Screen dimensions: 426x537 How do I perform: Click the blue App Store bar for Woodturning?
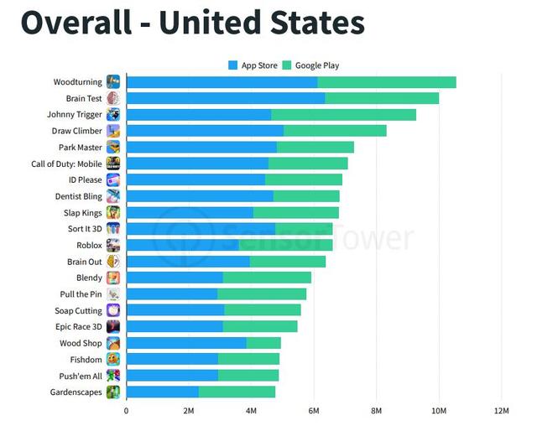222,82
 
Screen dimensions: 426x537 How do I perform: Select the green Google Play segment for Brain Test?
382,98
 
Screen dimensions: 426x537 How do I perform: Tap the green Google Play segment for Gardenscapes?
237,392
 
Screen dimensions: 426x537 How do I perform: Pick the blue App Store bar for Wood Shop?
186,343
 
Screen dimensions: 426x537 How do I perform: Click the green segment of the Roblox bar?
285,245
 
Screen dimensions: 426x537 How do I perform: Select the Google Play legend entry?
311,65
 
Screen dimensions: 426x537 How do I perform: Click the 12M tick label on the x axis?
501,410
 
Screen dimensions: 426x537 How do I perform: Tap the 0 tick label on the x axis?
127,410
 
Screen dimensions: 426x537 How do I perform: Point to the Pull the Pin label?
81,294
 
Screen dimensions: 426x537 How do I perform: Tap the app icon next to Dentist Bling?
112,196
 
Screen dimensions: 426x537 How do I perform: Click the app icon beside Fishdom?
112,359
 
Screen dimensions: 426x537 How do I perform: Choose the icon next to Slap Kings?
112,212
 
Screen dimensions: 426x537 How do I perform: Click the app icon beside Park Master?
112,148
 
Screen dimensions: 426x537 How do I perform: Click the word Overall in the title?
76,23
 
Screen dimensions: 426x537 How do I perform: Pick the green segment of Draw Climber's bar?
335,131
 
